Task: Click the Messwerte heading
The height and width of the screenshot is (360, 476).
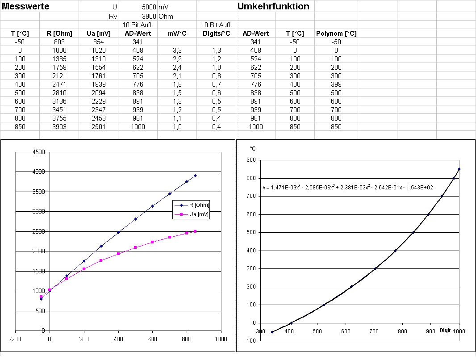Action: click(25, 7)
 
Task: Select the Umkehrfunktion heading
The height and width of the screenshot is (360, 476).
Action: click(273, 7)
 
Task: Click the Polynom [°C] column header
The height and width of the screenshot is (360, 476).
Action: click(336, 33)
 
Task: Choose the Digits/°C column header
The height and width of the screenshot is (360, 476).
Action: click(216, 33)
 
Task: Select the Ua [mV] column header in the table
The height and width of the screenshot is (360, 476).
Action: click(98, 33)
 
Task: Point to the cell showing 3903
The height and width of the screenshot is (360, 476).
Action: click(59, 126)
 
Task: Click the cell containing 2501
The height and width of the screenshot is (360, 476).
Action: click(98, 126)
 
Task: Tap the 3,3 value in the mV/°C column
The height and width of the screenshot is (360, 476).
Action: click(177, 50)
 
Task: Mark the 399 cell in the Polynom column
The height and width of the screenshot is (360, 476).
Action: click(336, 84)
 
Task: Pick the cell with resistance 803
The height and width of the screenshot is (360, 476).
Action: click(59, 42)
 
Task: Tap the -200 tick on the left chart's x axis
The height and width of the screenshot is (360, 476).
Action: click(16, 339)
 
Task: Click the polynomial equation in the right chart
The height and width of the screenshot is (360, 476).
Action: click(348, 188)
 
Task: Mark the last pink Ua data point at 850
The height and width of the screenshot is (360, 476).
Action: click(195, 231)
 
